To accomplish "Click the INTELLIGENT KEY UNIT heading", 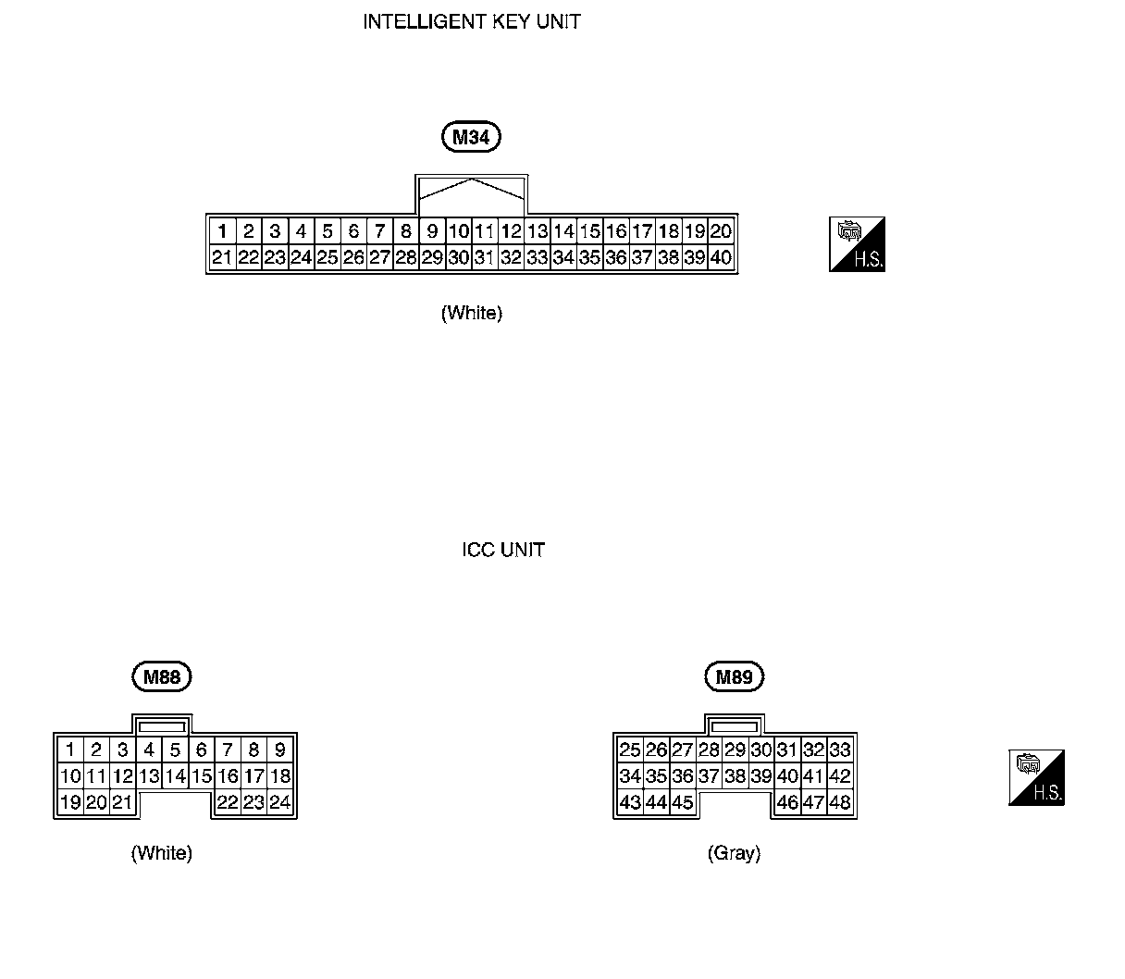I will click(x=471, y=22).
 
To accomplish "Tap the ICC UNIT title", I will click(x=503, y=550).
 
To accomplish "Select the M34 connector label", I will click(x=471, y=138).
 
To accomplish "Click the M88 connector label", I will click(x=162, y=677).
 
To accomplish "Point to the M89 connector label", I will click(x=735, y=677).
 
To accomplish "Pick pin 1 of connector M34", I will click(x=222, y=231).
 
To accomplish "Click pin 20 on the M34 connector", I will click(x=721, y=231).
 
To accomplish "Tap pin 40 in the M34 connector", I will click(x=721, y=258).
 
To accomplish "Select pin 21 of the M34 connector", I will click(x=222, y=258).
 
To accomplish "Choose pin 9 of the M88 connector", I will click(x=280, y=750).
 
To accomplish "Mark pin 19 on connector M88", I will click(x=70, y=802).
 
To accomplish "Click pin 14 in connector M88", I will click(x=175, y=776).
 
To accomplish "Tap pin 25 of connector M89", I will click(x=630, y=750).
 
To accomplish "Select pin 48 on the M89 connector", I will click(x=840, y=802).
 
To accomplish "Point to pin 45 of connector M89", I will click(x=683, y=802).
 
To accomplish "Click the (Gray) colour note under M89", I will click(x=734, y=853).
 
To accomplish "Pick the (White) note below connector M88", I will click(x=162, y=853).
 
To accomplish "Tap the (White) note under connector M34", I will click(x=472, y=314).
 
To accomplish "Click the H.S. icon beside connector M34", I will click(x=858, y=245).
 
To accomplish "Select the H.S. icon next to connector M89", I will click(x=1036, y=777).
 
